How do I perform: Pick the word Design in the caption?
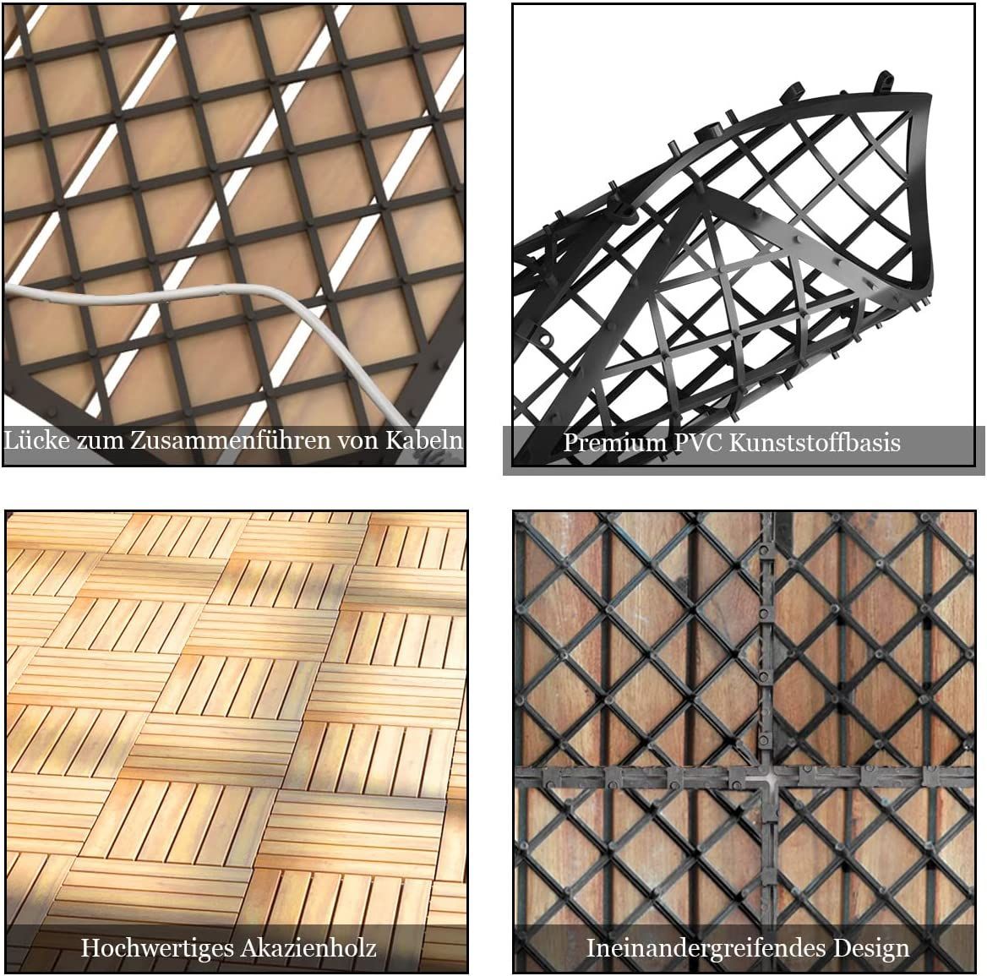(871, 947)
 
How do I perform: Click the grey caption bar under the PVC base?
(744, 450)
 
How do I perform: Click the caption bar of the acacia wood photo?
(237, 947)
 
